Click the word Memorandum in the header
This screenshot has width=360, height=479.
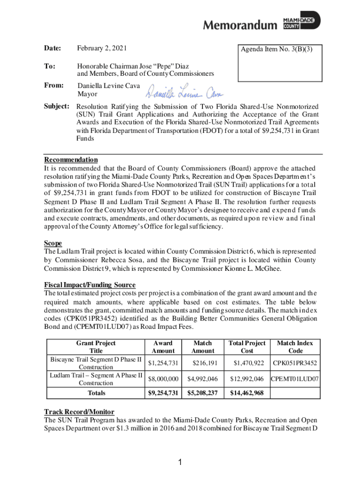pyautogui.click(x=240, y=25)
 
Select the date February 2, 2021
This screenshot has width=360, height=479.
pyautogui.click(x=102, y=49)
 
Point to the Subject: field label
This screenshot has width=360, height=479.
pyautogui.click(x=57, y=106)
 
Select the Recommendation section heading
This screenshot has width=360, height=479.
pyautogui.click(x=71, y=160)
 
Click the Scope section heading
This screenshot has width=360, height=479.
pyautogui.click(x=53, y=243)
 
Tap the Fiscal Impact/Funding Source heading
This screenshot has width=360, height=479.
pyautogui.click(x=90, y=285)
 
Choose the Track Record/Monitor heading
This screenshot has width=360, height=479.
pyautogui.click(x=79, y=412)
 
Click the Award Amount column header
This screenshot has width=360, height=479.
pyautogui.click(x=163, y=347)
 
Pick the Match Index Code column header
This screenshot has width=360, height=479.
pyautogui.click(x=295, y=347)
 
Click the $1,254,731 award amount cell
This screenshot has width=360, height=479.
pyautogui.click(x=163, y=363)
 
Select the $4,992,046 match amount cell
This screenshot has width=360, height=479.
pyautogui.click(x=202, y=379)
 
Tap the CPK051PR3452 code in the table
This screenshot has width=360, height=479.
pyautogui.click(x=295, y=363)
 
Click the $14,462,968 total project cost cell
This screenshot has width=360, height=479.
pyautogui.click(x=247, y=393)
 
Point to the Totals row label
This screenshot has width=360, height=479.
pyautogui.click(x=96, y=393)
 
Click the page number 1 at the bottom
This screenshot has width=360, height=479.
pyautogui.click(x=180, y=463)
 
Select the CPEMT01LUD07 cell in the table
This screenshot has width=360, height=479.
pyautogui.click(x=295, y=379)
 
